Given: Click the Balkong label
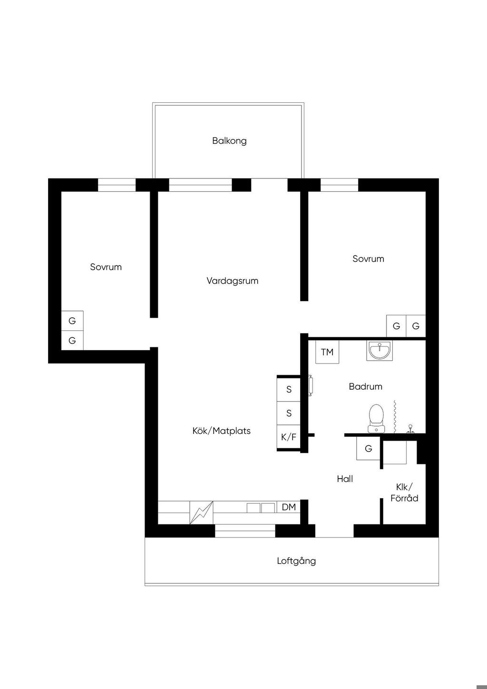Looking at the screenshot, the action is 229,141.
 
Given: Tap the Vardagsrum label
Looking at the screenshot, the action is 233,281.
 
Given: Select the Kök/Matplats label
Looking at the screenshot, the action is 221,431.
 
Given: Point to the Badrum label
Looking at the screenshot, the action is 366,386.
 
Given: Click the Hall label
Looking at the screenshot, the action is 345,479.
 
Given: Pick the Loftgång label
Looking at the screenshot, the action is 296,561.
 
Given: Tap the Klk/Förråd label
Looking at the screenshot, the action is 404,492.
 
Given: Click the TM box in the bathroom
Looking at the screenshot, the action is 327,352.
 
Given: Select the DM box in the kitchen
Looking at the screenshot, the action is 289,507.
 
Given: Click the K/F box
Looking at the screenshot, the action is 289,437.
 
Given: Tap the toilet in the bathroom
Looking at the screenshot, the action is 376,418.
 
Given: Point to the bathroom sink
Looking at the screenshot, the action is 380,350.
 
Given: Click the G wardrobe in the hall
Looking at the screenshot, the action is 368,448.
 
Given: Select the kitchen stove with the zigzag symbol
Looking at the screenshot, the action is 201,512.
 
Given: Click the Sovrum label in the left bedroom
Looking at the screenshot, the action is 106,267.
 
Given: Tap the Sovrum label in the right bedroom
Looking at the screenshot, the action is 368,259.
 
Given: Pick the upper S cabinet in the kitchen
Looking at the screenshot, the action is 289,389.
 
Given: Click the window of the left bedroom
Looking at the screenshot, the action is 117,185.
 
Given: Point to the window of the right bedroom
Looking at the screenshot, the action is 340,185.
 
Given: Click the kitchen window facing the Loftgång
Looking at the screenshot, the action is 245,531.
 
